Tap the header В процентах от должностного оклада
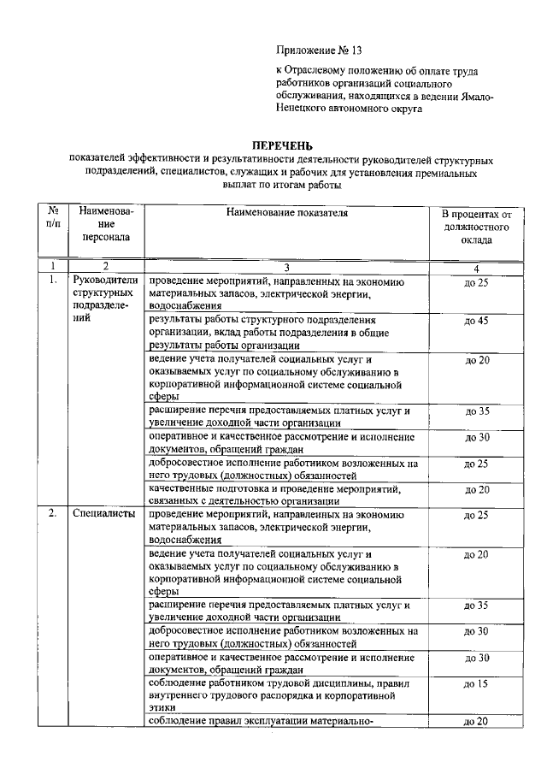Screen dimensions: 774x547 coord(475,227)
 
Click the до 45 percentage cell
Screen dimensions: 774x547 coord(475,322)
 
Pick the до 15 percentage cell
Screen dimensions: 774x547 coord(475,683)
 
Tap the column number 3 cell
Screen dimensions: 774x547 coord(287,267)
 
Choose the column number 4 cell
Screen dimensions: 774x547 coord(475,267)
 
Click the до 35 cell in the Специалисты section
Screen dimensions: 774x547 coord(475,606)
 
